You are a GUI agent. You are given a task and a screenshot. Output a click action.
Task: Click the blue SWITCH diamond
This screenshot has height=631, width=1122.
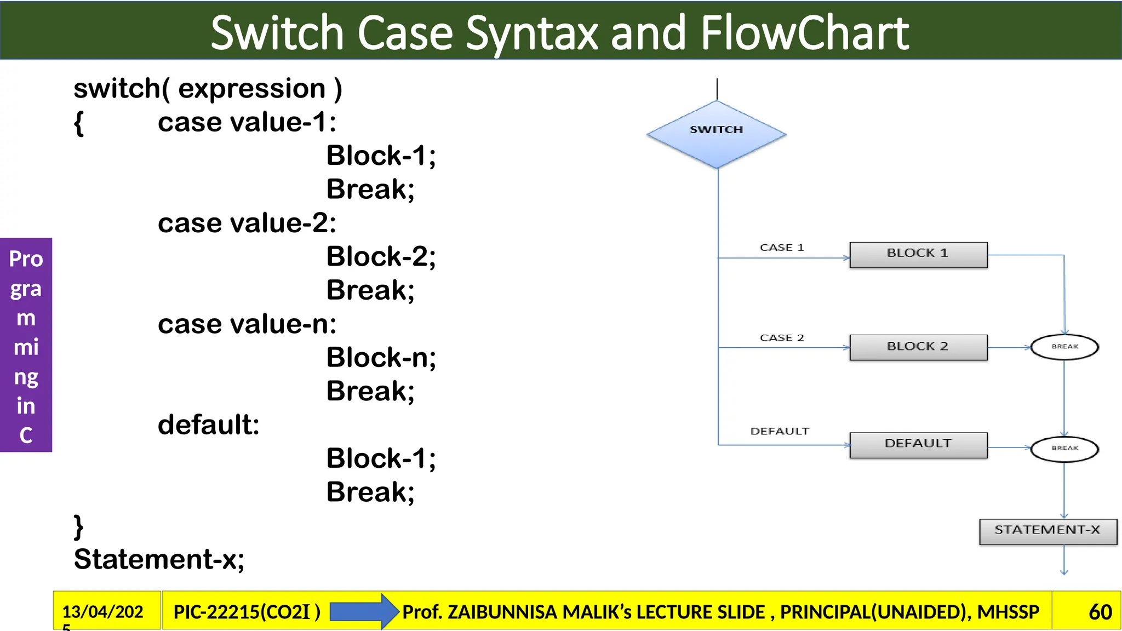(x=716, y=134)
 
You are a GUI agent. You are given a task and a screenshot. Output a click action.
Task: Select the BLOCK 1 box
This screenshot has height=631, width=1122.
(x=918, y=255)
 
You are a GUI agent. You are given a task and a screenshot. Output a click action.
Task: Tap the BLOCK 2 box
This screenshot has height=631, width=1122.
(x=918, y=347)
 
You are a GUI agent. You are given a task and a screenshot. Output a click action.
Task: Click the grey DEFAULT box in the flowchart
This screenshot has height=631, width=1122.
(x=918, y=445)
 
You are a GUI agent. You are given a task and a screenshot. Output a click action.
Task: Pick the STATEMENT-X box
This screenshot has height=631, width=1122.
(x=1047, y=531)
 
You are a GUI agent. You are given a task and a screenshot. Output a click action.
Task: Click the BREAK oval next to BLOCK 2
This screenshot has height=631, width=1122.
(x=1064, y=347)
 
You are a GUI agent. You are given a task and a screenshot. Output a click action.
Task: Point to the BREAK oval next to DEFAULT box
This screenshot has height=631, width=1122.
(x=1064, y=449)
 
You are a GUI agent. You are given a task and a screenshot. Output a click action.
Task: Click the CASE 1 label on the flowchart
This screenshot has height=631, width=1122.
(x=782, y=248)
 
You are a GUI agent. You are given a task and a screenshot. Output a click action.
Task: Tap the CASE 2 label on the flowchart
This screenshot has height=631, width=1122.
(x=782, y=338)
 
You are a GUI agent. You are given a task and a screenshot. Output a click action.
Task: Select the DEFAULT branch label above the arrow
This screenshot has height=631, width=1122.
(x=780, y=431)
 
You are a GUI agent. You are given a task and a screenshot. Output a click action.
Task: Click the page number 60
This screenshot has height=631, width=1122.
(x=1100, y=612)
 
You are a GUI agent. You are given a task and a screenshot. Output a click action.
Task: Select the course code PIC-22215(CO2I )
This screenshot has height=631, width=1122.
(x=247, y=612)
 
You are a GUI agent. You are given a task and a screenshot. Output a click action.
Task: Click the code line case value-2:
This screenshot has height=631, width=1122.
(x=247, y=223)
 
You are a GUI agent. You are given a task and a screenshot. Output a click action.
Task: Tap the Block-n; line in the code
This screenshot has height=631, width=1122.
(x=381, y=358)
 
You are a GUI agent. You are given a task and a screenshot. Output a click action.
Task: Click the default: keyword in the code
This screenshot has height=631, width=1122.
(x=209, y=425)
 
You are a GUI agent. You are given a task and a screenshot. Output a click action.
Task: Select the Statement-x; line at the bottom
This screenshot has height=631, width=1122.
(x=159, y=559)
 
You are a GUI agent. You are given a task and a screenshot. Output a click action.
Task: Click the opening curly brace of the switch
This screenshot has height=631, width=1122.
(x=79, y=123)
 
